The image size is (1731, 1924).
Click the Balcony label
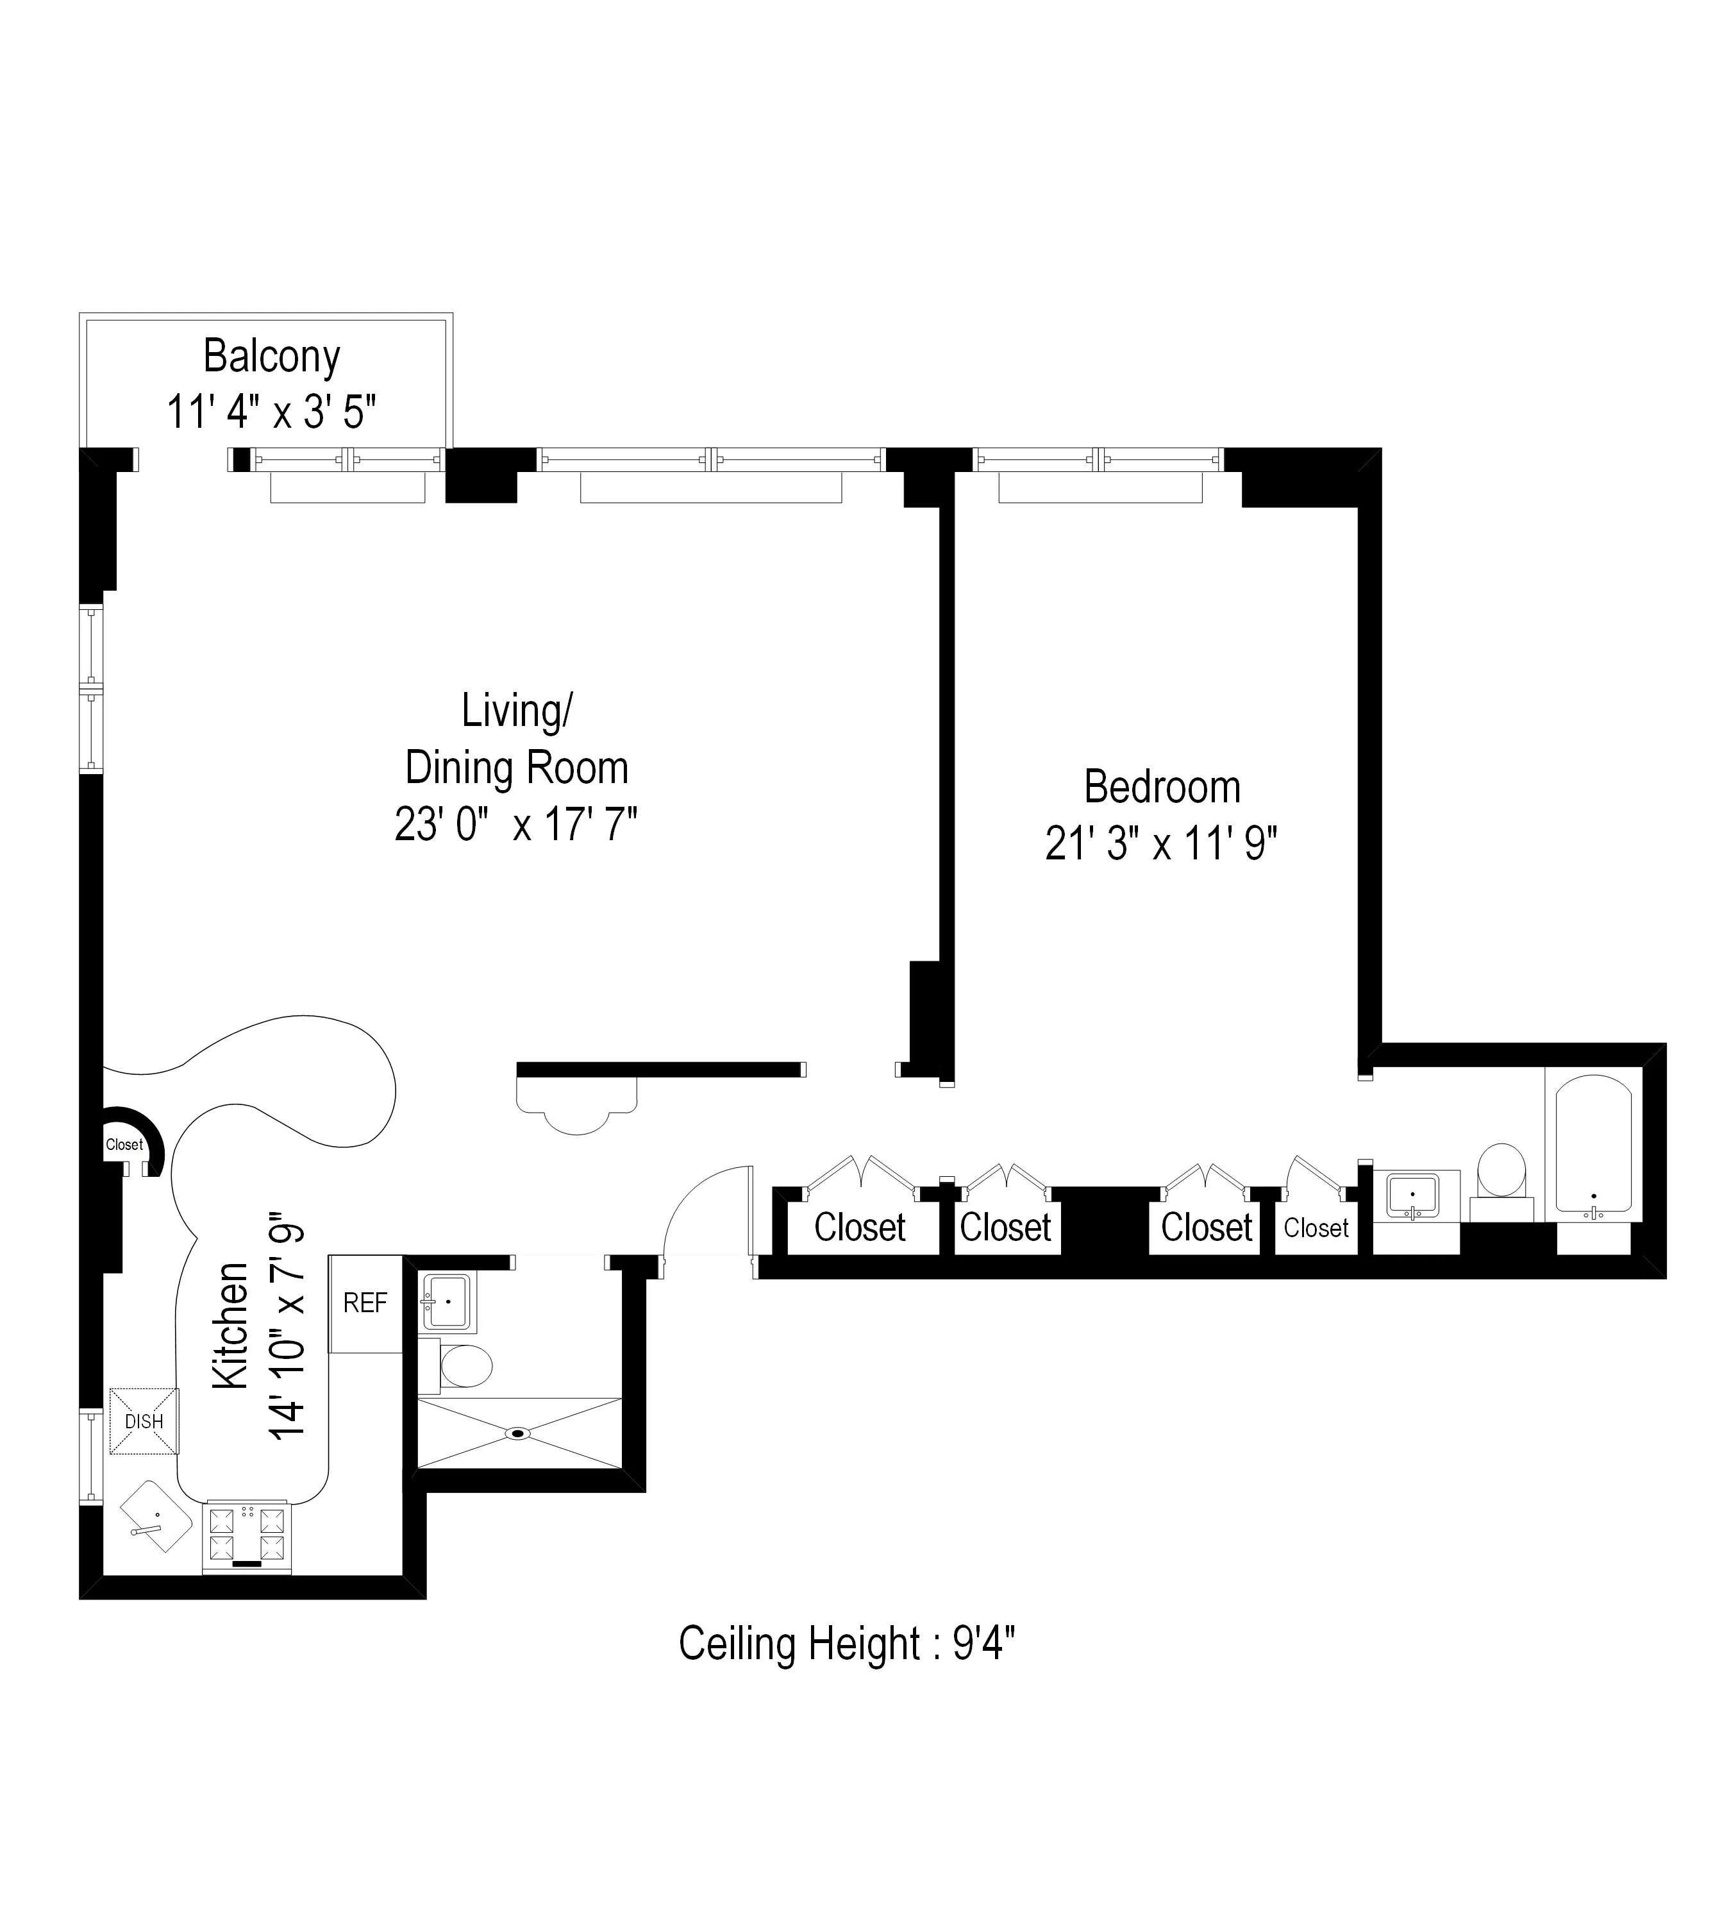(x=271, y=357)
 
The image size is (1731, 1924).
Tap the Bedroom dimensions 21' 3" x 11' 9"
(x=1160, y=843)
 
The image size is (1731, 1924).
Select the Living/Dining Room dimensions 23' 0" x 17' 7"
(x=515, y=824)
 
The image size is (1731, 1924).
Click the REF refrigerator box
(x=365, y=1303)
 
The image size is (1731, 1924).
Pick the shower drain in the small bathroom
(x=519, y=1432)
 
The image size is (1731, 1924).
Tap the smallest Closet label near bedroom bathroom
(x=1316, y=1228)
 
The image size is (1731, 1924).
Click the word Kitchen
(x=231, y=1326)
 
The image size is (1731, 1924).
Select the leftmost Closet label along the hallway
(x=859, y=1228)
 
